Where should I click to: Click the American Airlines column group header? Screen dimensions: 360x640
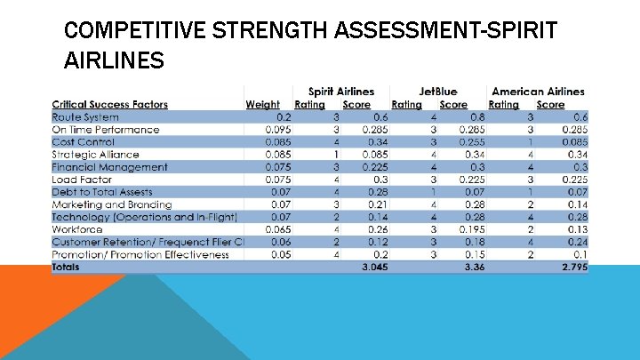click(538, 92)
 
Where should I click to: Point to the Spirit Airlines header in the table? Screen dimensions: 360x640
click(340, 92)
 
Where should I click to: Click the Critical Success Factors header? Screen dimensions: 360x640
click(109, 104)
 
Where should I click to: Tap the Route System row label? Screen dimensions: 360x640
click(85, 116)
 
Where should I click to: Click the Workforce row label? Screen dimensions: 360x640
click(77, 229)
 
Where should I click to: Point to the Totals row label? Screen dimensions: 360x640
click(65, 267)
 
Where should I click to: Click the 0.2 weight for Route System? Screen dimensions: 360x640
click(284, 116)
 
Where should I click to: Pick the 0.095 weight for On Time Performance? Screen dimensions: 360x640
click(279, 129)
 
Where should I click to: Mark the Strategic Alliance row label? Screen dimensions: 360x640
click(95, 154)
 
